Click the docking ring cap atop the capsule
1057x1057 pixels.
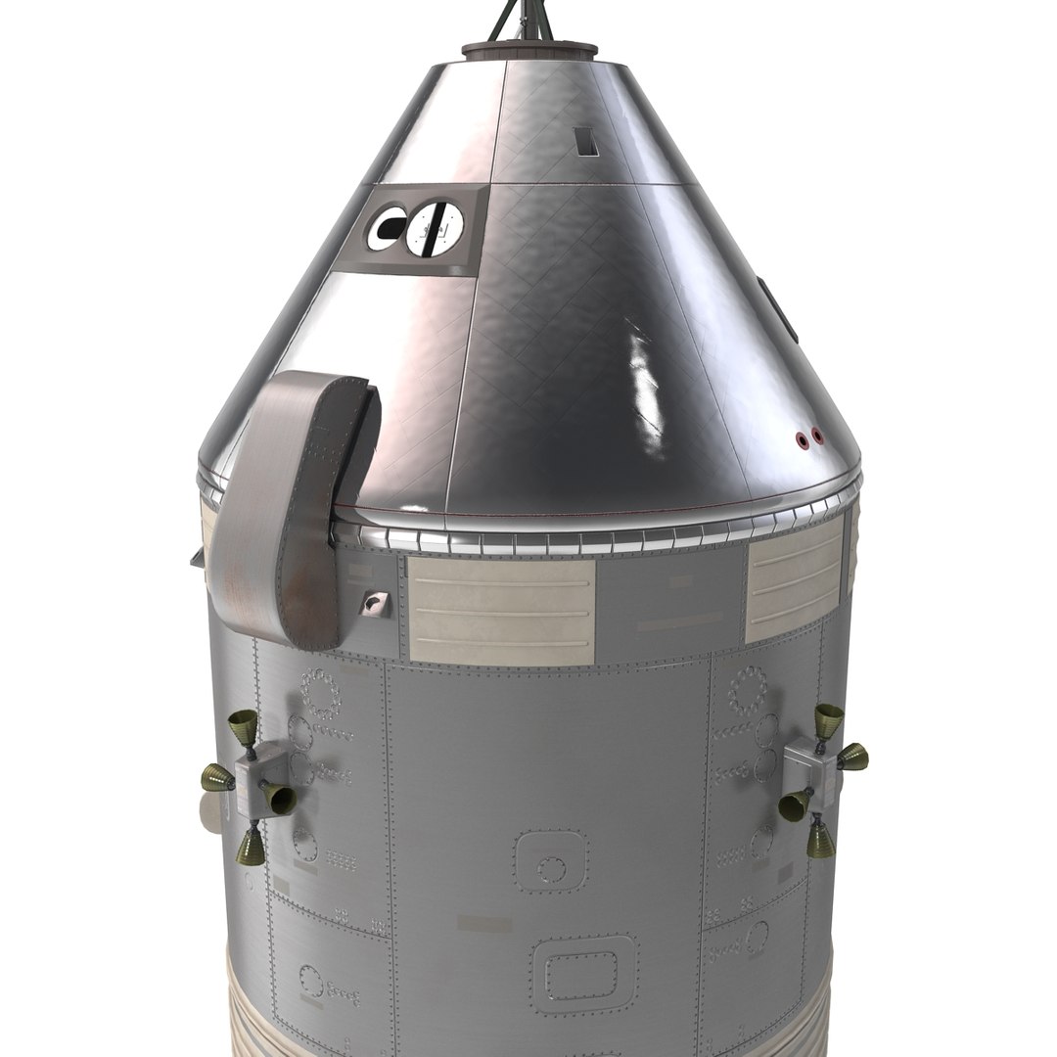point(528,50)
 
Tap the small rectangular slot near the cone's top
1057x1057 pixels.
point(587,144)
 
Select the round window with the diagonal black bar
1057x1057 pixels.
point(436,230)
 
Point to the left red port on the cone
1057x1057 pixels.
point(804,438)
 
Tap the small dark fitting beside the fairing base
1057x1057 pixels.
point(373,604)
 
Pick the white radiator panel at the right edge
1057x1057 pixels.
point(794,584)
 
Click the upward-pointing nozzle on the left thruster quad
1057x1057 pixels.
point(243,726)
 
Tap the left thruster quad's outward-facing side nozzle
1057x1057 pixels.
point(217,779)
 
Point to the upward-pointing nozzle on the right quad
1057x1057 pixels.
point(828,718)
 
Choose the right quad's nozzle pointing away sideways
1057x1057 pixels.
point(851,756)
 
